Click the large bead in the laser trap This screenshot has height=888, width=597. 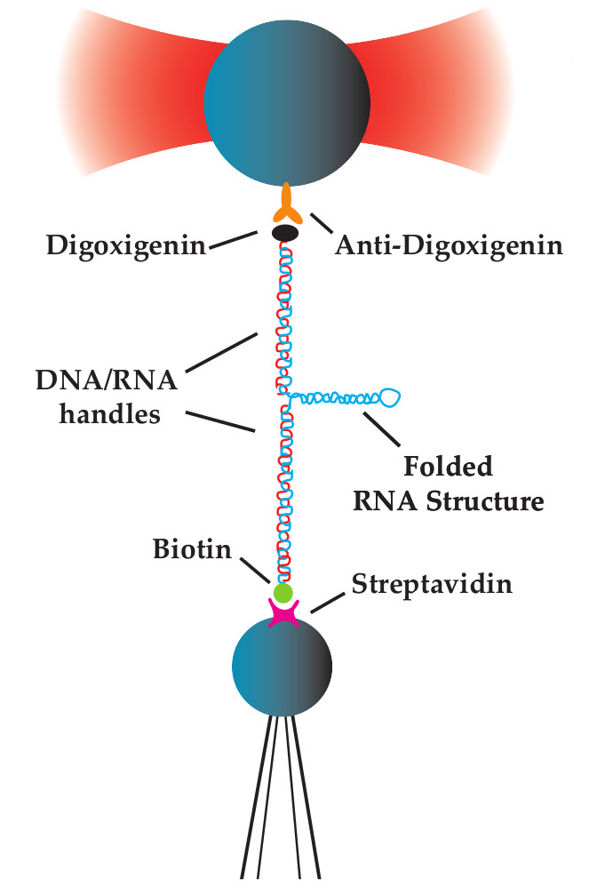click(287, 103)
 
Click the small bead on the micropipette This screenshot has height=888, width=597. click(282, 667)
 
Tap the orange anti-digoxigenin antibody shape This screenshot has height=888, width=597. click(286, 204)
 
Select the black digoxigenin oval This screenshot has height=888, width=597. click(286, 232)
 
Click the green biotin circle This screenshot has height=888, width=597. click(283, 593)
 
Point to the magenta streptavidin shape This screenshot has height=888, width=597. click(283, 613)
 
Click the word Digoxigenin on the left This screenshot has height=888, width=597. click(126, 245)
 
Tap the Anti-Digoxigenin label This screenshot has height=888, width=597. click(449, 245)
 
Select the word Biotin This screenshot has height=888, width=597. click(193, 549)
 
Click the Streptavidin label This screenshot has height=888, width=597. click(432, 584)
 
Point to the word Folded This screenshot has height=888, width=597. click(448, 466)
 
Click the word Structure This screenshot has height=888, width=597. click(485, 501)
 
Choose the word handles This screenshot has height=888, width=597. click(110, 413)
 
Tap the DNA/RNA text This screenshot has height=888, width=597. click(107, 380)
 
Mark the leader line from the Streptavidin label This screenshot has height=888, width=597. click(328, 603)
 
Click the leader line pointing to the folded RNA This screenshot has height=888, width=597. click(381, 428)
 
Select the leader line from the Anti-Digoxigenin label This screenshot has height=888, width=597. click(322, 223)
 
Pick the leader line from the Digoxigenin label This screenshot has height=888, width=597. click(233, 241)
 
